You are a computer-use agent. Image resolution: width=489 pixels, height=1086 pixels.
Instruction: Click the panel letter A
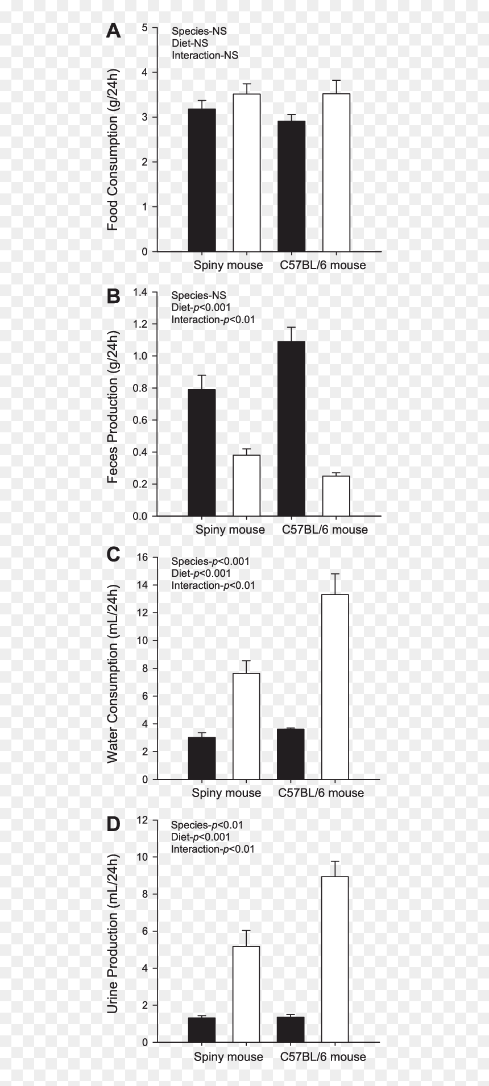(114, 31)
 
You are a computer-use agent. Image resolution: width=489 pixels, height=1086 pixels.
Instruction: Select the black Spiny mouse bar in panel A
(202, 180)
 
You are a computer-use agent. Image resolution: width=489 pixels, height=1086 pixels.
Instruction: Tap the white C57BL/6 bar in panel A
(336, 172)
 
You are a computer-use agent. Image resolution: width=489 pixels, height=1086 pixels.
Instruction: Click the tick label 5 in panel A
(145, 27)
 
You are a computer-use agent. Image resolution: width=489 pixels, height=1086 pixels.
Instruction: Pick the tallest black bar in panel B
(292, 428)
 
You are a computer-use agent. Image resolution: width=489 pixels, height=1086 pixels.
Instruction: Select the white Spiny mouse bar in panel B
(246, 485)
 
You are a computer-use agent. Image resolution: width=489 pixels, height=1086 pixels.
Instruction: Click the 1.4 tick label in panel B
(140, 292)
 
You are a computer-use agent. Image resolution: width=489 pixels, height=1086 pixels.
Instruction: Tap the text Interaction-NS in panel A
(205, 55)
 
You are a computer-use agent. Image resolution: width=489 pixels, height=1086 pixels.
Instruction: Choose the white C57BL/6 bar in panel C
(335, 687)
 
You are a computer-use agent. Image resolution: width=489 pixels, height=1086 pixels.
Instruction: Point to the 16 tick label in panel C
(142, 558)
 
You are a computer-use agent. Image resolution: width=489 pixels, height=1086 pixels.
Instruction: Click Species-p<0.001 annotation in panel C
(210, 561)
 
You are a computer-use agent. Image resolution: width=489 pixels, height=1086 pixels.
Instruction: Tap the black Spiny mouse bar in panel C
(202, 758)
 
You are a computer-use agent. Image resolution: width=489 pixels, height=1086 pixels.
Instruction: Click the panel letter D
(114, 824)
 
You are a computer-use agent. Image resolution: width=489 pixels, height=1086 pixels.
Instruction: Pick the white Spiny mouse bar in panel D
(246, 994)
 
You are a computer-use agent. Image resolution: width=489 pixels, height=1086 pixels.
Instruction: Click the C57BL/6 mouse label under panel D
(323, 1056)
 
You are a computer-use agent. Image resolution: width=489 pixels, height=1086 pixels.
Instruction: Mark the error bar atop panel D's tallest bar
(335, 869)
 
